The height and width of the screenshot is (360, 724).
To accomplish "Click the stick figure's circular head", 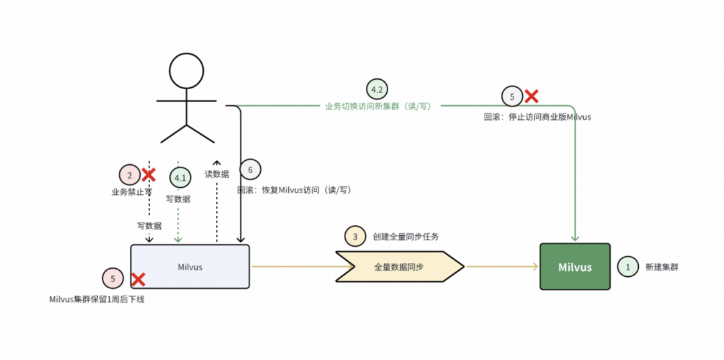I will [186, 70].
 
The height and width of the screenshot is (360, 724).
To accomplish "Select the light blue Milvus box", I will [190, 267].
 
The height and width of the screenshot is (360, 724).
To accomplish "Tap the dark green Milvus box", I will [575, 267].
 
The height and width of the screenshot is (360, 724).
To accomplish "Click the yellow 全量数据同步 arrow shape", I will [399, 267].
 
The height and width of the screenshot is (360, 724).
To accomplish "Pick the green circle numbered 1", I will [627, 267].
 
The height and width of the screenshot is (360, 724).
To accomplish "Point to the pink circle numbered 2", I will [129, 175].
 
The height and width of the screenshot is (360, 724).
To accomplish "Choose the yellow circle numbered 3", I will [355, 237].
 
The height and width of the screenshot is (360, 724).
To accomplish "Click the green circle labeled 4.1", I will [180, 178].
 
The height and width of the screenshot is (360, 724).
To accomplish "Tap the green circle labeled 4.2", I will [377, 89].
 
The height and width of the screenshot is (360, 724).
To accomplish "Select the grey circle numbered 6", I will [250, 170].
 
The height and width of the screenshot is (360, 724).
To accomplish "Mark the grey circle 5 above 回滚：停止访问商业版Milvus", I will [512, 97].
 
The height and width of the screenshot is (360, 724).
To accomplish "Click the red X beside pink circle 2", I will [149, 175].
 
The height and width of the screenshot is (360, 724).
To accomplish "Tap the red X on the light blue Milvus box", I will [138, 280].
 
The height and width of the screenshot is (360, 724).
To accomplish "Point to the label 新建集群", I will [662, 267].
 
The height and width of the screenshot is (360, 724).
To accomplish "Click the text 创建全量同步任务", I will [406, 237].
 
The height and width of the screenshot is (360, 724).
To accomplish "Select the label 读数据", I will [217, 174].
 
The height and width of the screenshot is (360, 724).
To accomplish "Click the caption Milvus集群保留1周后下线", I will [97, 299].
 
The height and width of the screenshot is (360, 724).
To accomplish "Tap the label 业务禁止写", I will [131, 192].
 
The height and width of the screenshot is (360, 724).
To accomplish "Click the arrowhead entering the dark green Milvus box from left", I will [536, 267].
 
